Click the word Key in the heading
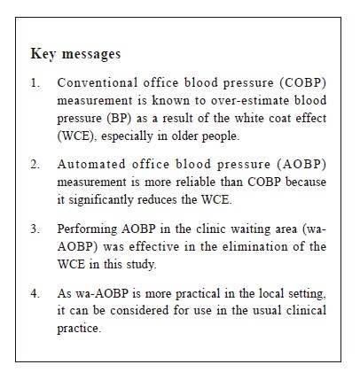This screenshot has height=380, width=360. pyautogui.click(x=43, y=54)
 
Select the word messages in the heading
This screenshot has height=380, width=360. pyautogui.click(x=91, y=54)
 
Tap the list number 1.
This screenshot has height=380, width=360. pyautogui.click(x=35, y=83)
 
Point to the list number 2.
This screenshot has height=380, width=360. pyautogui.click(x=35, y=165)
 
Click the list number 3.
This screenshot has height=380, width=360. pyautogui.click(x=35, y=229)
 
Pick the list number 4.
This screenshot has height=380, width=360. pyautogui.click(x=35, y=293)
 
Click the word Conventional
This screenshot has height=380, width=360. pyautogui.click(x=98, y=82)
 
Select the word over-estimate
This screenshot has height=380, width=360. pyautogui.click(x=250, y=101)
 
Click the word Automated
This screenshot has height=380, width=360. pyautogui.click(x=91, y=164)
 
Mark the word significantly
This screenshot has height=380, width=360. pyautogui.click(x=101, y=200)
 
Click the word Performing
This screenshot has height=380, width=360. pyautogui.click(x=87, y=229)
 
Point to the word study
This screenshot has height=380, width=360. pyautogui.click(x=141, y=265)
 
